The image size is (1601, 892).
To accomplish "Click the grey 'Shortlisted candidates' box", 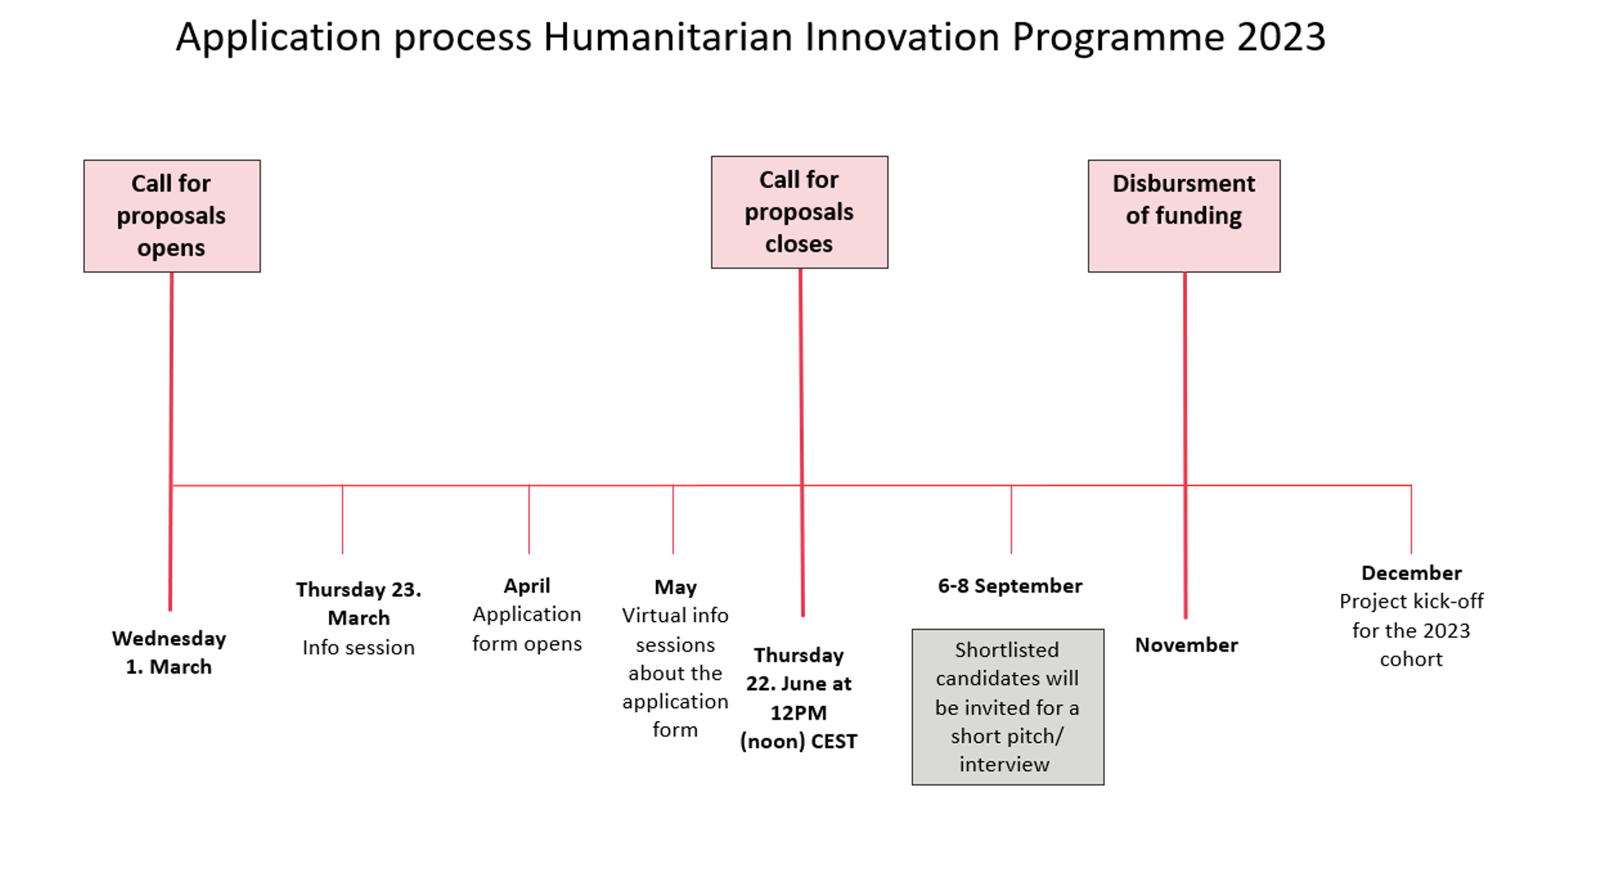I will pyautogui.click(x=1007, y=707).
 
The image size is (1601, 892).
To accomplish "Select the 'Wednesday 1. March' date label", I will pyautogui.click(x=169, y=652).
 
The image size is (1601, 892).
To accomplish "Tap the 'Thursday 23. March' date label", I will pyautogui.click(x=359, y=603).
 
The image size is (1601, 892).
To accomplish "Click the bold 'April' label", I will pyautogui.click(x=527, y=586).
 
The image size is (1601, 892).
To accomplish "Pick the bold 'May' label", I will pyautogui.click(x=675, y=587).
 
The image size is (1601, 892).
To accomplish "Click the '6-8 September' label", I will pyautogui.click(x=1010, y=586).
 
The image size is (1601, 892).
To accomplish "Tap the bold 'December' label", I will pyautogui.click(x=1411, y=573).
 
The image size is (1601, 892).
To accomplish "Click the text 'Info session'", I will pyautogui.click(x=359, y=648).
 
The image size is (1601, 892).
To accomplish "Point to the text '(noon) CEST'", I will pyautogui.click(x=799, y=741).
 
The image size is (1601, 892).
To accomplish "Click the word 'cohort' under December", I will pyautogui.click(x=1411, y=659).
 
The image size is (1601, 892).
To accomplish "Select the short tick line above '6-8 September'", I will pyautogui.click(x=1011, y=519).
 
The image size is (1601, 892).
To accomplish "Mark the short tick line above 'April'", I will pyautogui.click(x=529, y=519).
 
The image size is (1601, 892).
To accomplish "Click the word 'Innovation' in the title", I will pyautogui.click(x=902, y=37).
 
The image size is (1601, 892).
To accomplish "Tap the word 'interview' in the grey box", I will pyautogui.click(x=1004, y=764).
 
